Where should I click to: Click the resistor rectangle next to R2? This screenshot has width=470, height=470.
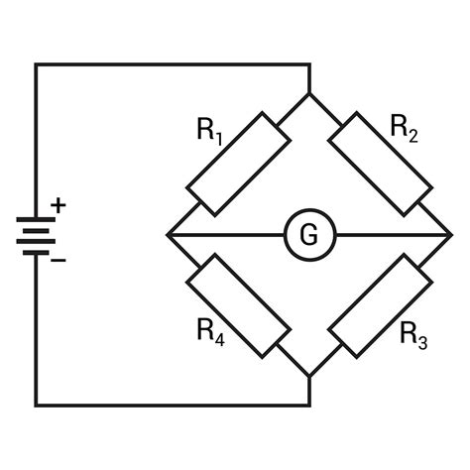[380, 163]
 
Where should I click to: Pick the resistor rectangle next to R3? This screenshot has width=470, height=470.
[381, 305]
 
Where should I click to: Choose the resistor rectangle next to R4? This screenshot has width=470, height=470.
[238, 305]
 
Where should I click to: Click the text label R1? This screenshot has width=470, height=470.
[210, 130]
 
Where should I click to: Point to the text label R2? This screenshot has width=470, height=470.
[404, 126]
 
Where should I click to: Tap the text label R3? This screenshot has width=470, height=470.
[413, 335]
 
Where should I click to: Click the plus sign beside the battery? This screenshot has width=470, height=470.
[59, 205]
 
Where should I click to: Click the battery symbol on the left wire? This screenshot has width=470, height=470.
[37, 234]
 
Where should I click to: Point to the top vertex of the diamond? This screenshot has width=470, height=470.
[309, 93]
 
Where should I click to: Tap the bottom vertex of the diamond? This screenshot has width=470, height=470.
[309, 377]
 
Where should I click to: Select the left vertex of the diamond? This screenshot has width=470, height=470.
[168, 235]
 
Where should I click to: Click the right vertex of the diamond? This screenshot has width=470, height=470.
[451, 235]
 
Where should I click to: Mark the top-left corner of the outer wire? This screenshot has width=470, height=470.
[37, 64]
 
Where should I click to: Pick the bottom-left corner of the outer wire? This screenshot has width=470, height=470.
[37, 405]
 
